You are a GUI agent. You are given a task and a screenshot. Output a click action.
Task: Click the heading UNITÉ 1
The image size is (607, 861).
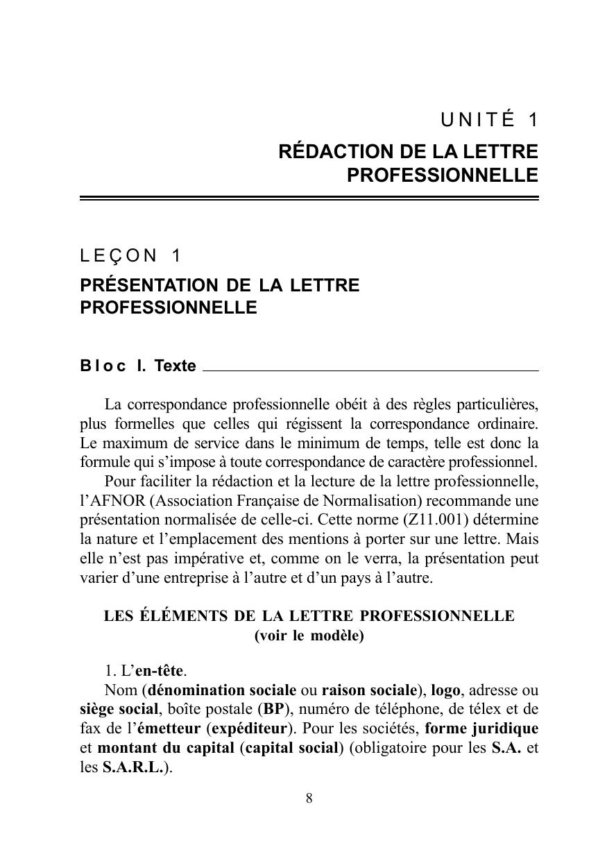tap(489, 120)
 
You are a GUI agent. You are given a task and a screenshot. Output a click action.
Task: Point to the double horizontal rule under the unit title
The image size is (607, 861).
tap(309, 198)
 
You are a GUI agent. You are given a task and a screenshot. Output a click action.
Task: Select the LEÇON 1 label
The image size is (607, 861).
tap(131, 256)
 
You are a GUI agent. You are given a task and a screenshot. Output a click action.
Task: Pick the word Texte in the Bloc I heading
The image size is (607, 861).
tap(176, 366)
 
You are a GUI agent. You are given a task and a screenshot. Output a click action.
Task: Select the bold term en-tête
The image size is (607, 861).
tap(160, 671)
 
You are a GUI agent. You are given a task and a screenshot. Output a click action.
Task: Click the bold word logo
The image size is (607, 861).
tap(446, 690)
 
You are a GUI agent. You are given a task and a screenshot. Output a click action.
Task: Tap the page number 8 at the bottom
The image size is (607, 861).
tap(309, 799)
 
